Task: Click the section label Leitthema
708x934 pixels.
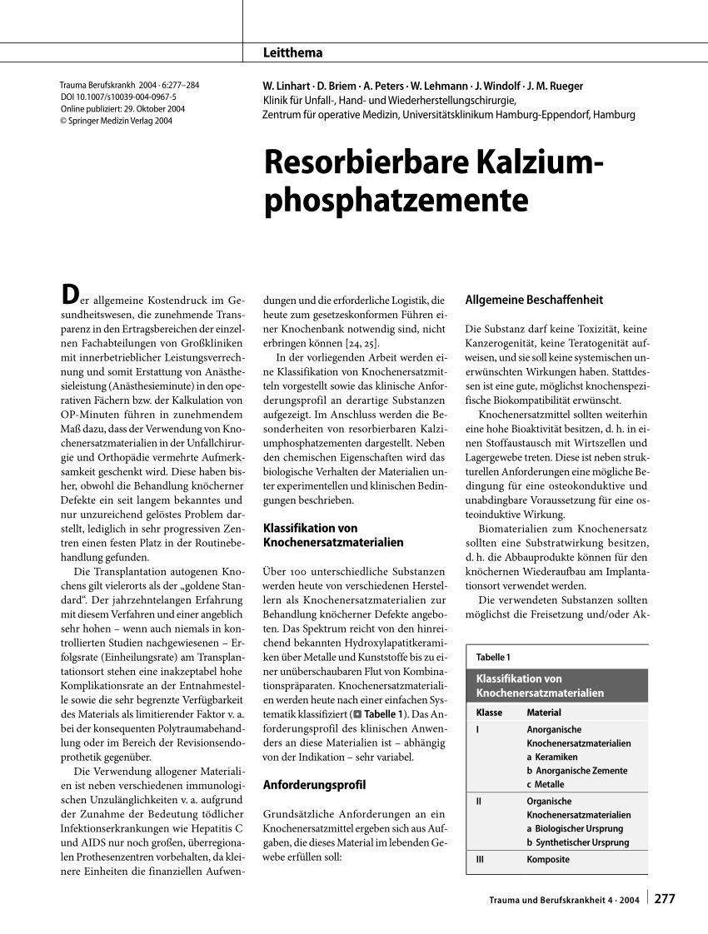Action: [x=292, y=52]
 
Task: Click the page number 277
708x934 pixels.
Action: [x=665, y=899]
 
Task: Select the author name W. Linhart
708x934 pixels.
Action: [x=286, y=86]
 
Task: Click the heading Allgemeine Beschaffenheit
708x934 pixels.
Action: [x=534, y=300]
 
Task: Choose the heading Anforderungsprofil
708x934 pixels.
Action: [x=314, y=784]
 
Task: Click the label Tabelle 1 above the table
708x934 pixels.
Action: [x=493, y=658]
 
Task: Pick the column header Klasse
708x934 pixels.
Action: [x=489, y=713]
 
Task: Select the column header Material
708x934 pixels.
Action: [x=544, y=713]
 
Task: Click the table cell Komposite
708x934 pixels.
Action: [x=548, y=860]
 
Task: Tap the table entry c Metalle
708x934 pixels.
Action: [x=546, y=784]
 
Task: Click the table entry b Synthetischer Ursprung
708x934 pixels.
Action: [x=577, y=842]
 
